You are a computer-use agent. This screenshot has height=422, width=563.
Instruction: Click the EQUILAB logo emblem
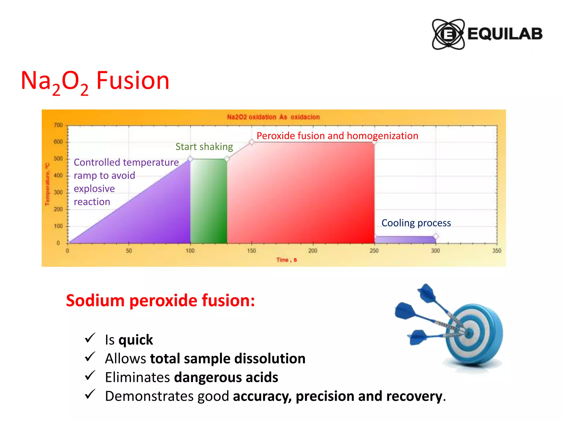coord(448,34)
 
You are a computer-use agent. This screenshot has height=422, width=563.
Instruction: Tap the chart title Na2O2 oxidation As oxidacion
coord(273,117)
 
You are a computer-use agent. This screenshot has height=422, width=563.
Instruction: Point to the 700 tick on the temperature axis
coord(58,125)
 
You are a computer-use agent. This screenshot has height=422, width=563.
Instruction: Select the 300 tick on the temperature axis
coord(58,192)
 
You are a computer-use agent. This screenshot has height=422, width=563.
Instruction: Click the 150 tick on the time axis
coord(251,251)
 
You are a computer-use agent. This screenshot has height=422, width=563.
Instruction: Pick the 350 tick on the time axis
coord(496,251)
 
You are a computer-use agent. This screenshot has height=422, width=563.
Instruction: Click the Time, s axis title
coord(286,260)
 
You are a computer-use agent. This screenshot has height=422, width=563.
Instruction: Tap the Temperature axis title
coord(47,184)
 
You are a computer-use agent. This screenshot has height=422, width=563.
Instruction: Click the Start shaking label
coord(204,147)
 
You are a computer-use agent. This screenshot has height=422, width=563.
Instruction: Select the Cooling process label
coord(416,223)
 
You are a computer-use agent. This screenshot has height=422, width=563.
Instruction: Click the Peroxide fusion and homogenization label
coord(337,136)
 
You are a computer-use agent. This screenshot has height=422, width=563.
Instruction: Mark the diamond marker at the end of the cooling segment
coord(436,236)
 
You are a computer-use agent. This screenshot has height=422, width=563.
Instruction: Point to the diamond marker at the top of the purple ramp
coord(190,159)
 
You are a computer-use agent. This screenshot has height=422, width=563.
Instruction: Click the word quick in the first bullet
coord(136,340)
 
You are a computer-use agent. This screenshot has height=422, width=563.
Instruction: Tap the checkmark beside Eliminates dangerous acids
coord(90,376)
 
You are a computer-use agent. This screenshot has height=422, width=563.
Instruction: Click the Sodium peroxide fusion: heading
coord(160,300)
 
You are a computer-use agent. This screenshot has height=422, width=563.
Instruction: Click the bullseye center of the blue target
coord(469,333)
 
